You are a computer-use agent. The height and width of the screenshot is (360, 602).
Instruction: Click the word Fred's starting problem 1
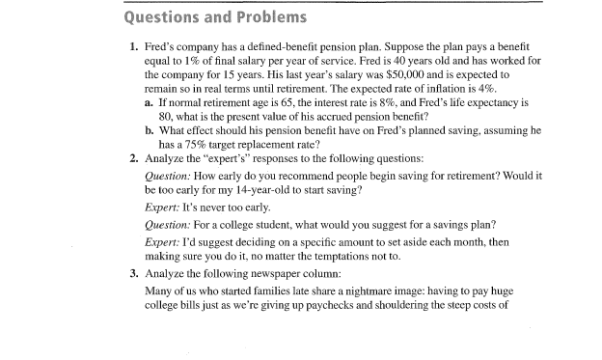160,45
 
